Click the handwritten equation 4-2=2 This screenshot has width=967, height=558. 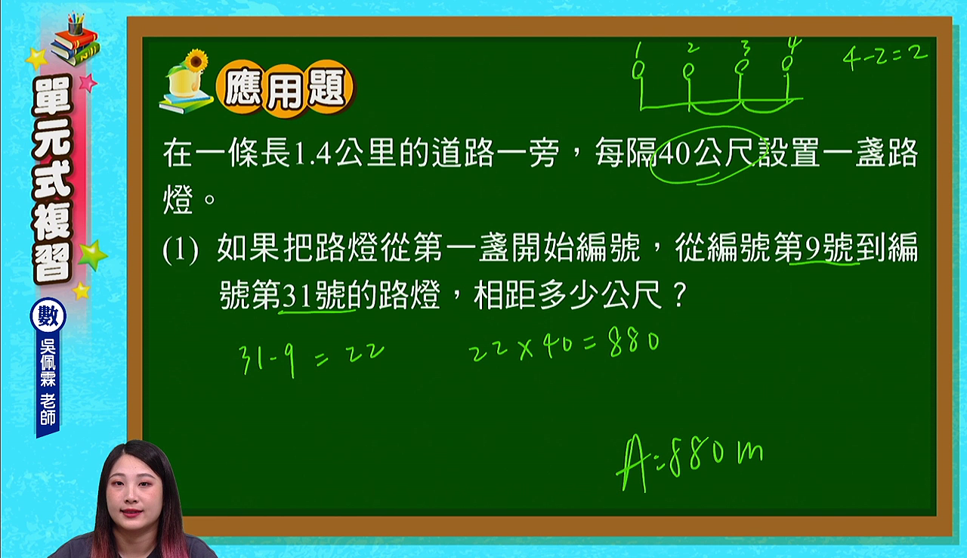pyautogui.click(x=884, y=59)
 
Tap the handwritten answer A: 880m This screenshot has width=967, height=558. pyautogui.click(x=690, y=462)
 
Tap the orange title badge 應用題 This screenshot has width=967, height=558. pyautogui.click(x=285, y=89)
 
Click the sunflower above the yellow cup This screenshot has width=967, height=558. pyautogui.click(x=196, y=60)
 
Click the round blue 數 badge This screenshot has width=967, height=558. pyautogui.click(x=48, y=315)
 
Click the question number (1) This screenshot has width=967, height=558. pyautogui.click(x=181, y=250)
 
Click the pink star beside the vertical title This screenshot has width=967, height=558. pyautogui.click(x=88, y=82)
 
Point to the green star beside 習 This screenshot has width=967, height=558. pyautogui.click(x=92, y=255)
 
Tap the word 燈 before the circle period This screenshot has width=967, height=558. pyautogui.click(x=178, y=200)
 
